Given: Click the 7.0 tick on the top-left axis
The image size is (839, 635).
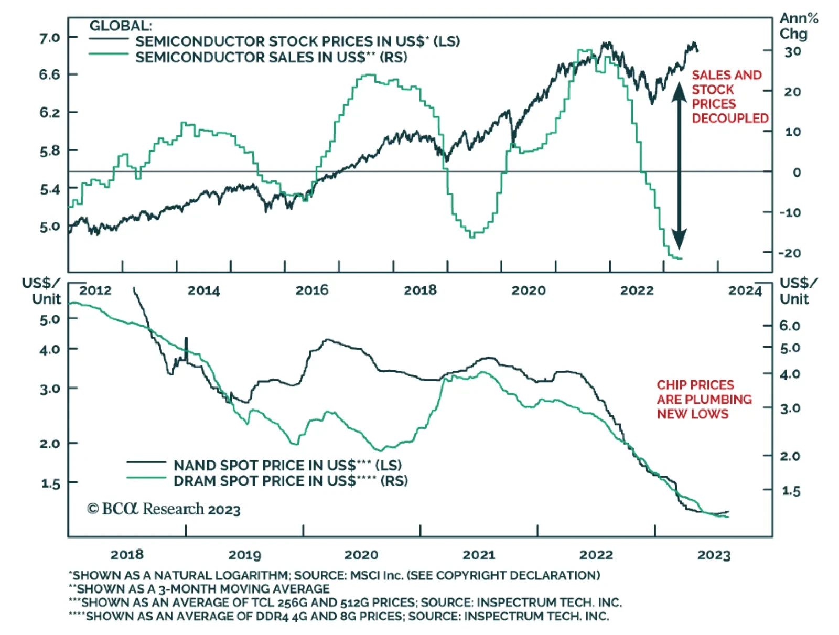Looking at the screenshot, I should point(50,38).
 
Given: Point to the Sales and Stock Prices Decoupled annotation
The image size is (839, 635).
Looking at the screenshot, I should point(729,96).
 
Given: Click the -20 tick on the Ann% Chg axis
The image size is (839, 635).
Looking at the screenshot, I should point(790,253).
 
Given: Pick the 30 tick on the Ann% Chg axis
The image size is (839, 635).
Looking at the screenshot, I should point(793,51).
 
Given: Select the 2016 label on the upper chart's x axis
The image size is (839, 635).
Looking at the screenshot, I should point(312,290).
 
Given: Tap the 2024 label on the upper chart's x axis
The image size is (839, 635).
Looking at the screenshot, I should point(745,290).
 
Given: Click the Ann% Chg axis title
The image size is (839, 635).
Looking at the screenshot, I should point(798,26).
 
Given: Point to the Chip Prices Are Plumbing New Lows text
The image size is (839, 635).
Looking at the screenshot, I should point(704,399).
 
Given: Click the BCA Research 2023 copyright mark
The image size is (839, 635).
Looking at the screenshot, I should point(164,509).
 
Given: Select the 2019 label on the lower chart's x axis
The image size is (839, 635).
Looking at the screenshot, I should point(245,555).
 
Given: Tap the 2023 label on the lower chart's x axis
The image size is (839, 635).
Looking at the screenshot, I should point(714,555).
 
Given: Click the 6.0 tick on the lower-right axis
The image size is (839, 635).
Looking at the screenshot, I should point(790,326).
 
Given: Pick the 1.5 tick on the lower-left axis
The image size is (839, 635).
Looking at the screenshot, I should point(51,483).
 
